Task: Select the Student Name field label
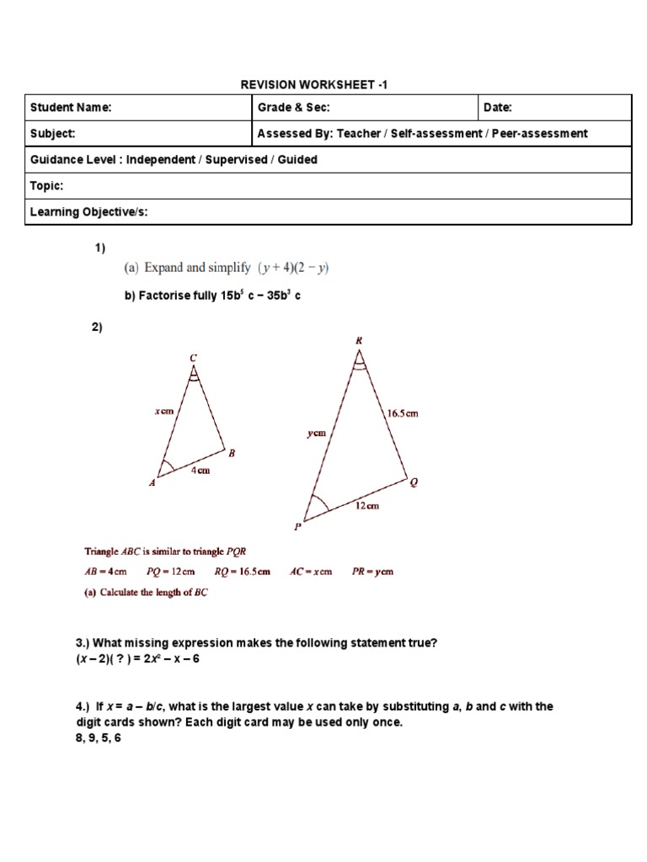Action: pos(71,108)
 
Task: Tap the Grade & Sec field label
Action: pos(293,108)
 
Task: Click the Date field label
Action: pos(498,108)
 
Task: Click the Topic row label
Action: pos(46,186)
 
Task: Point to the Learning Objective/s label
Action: pos(88,212)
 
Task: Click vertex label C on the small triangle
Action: pos(193,358)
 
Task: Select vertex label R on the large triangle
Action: pos(359,340)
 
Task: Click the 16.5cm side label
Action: pos(402,413)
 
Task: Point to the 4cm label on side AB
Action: pos(200,471)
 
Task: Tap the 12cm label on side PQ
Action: pos(366,506)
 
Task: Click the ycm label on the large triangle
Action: pos(316,434)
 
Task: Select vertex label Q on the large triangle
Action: pos(413,482)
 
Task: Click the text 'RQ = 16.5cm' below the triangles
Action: pos(243,572)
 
